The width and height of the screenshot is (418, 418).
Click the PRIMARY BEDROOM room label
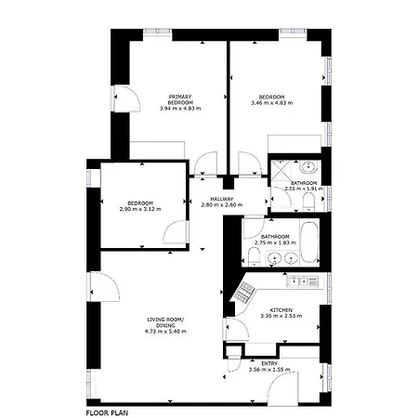point(180,99)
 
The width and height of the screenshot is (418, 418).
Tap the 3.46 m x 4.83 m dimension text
point(272,103)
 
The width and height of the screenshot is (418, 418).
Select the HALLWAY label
point(222,199)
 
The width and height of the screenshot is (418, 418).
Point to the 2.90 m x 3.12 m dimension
point(140,209)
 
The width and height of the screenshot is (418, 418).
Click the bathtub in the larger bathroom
point(309,242)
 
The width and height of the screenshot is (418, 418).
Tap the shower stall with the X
point(281,170)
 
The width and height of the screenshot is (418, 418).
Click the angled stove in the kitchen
point(244,293)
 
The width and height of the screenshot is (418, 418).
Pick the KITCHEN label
point(281,310)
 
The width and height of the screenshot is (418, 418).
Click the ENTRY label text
point(269,363)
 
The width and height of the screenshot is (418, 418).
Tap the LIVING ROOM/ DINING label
point(165,322)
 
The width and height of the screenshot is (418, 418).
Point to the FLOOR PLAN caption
point(107,412)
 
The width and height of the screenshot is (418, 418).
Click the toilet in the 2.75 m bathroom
point(254,257)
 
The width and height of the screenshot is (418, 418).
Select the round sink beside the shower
point(308,167)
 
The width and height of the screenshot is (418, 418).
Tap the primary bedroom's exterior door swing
point(127,98)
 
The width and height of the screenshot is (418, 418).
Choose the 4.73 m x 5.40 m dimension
point(165,332)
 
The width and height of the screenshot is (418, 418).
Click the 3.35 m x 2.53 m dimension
point(281,316)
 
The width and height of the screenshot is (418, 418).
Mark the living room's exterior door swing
point(104,287)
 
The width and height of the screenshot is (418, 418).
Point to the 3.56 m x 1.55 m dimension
point(269,370)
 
